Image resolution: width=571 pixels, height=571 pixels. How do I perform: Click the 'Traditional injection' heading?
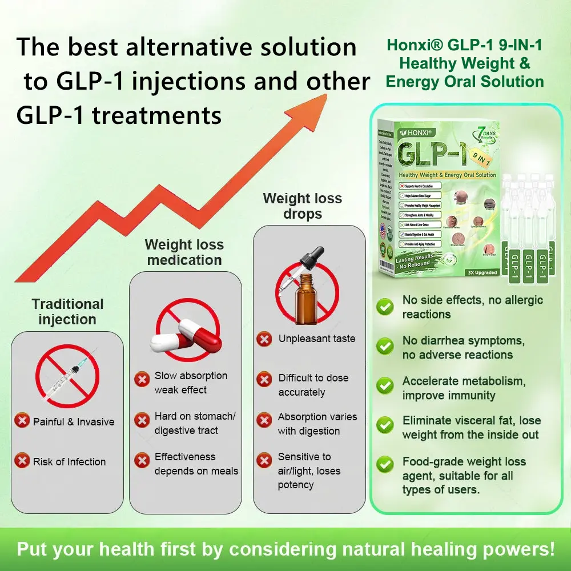(67, 311)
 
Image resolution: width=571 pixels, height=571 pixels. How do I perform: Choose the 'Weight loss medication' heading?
(184, 252)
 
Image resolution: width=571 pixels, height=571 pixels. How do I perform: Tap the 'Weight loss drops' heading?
(302, 206)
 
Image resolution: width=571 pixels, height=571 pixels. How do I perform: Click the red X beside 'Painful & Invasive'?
(22, 421)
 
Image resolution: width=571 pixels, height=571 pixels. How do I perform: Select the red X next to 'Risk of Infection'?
(22, 461)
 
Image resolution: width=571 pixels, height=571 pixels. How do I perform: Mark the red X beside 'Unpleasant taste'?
(264, 339)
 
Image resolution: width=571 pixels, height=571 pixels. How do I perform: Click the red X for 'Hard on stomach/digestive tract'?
(142, 421)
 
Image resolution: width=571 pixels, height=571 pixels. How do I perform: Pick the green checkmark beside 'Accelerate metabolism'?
(385, 387)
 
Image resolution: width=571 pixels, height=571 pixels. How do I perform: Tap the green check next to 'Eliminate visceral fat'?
(385, 426)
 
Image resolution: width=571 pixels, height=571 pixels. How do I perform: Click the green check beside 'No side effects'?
(385, 307)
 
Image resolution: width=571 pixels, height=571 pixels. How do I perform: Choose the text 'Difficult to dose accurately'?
(313, 385)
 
